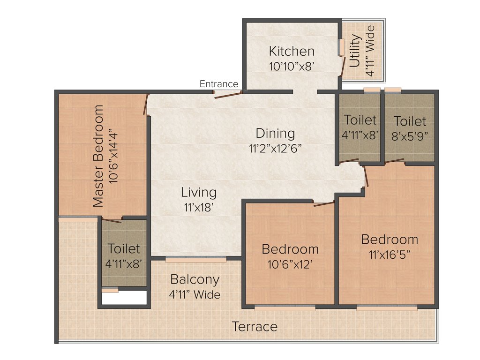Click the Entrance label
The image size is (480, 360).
tap(219, 84)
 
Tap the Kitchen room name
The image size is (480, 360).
tap(292, 51)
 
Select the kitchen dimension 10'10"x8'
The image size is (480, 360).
tap(291, 66)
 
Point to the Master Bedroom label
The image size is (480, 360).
tap(98, 156)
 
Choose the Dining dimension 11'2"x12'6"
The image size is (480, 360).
tap(275, 149)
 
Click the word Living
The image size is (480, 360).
tap(199, 192)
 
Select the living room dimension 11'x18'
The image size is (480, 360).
tap(199, 207)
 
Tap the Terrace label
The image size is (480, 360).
tap(255, 327)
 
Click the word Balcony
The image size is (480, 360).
tap(195, 280)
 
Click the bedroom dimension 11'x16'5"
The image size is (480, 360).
tap(390, 256)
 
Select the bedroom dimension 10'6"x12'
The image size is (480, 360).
tap(290, 264)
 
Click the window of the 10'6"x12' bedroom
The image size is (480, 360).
tap(285, 308)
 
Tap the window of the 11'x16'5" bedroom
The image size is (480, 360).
tap(387, 308)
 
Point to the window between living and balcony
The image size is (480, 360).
tap(196, 258)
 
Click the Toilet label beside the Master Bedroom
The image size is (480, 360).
tap(124, 248)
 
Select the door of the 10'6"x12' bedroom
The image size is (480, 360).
tap(324, 203)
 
